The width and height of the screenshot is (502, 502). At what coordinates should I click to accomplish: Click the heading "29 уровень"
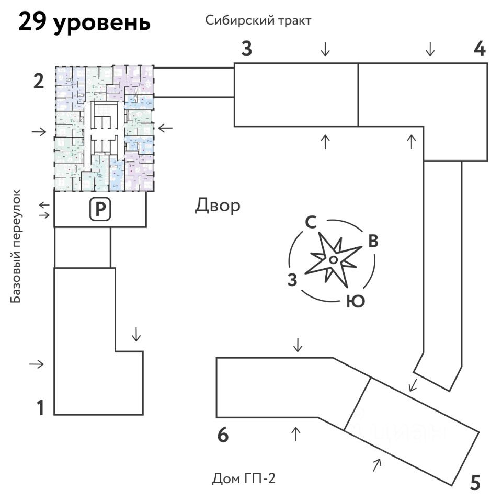coord(84,23)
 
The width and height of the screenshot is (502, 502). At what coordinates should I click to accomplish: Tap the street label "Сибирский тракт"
coord(258,21)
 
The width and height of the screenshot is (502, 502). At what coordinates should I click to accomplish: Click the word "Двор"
coord(218,206)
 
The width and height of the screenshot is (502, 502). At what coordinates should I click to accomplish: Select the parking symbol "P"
coord(99,210)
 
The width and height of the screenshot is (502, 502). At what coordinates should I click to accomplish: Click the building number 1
coord(40,407)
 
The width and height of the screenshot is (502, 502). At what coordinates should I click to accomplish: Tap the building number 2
coord(38,82)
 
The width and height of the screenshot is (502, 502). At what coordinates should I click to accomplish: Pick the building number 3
coord(247,49)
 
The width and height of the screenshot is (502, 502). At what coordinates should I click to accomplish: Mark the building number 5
coord(475,482)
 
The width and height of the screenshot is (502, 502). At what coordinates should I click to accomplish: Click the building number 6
coord(223,435)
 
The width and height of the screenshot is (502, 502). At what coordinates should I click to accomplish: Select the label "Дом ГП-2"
coord(244,478)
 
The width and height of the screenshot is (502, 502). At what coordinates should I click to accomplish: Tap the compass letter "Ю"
coord(355,302)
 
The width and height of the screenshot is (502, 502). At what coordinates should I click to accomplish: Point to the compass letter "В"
coord(373,241)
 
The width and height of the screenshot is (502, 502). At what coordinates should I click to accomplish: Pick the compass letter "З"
coord(292,280)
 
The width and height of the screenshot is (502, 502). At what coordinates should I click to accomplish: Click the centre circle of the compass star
coord(333,260)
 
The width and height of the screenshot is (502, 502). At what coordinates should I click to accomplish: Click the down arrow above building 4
coord(430,49)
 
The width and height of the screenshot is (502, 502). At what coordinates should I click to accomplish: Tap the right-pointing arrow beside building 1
coord(37,364)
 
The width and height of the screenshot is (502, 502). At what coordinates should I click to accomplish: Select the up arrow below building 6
coord(296,433)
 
